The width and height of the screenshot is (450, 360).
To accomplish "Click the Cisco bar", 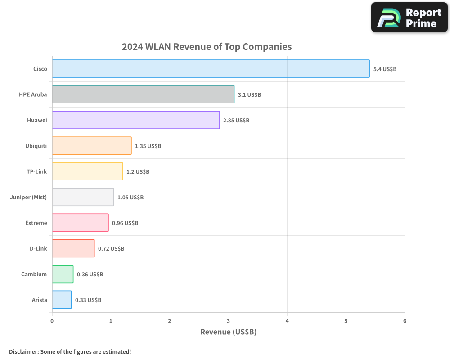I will (211, 69).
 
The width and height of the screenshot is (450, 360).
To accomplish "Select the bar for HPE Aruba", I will (143, 94).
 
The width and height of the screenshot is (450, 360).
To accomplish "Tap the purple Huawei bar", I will (136, 120).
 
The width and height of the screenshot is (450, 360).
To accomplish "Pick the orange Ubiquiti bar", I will (92, 146).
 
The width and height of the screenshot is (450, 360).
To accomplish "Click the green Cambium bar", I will (63, 274).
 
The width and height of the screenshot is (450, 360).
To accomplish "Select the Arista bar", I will (62, 300).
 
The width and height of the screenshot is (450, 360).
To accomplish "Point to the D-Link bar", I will (73, 248).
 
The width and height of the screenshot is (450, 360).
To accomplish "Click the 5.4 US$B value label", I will (385, 69).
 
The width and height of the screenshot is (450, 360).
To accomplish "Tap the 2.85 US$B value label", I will (236, 121).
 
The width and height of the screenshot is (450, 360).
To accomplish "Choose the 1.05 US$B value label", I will (130, 198).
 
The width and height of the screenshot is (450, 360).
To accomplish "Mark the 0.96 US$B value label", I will (125, 223).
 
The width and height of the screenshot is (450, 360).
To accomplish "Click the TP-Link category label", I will (36, 171).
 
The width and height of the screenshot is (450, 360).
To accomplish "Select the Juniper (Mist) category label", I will (28, 197).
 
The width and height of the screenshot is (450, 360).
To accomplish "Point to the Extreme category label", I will (36, 223).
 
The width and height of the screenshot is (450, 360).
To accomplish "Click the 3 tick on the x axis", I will (229, 321).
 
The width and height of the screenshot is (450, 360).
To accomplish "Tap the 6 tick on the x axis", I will (405, 321).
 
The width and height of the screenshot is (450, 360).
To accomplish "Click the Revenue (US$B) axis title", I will (228, 332).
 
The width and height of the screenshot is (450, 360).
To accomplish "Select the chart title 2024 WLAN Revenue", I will (207, 47).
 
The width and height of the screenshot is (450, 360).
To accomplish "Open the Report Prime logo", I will (409, 18).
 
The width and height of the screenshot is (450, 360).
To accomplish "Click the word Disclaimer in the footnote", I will (23, 351).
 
